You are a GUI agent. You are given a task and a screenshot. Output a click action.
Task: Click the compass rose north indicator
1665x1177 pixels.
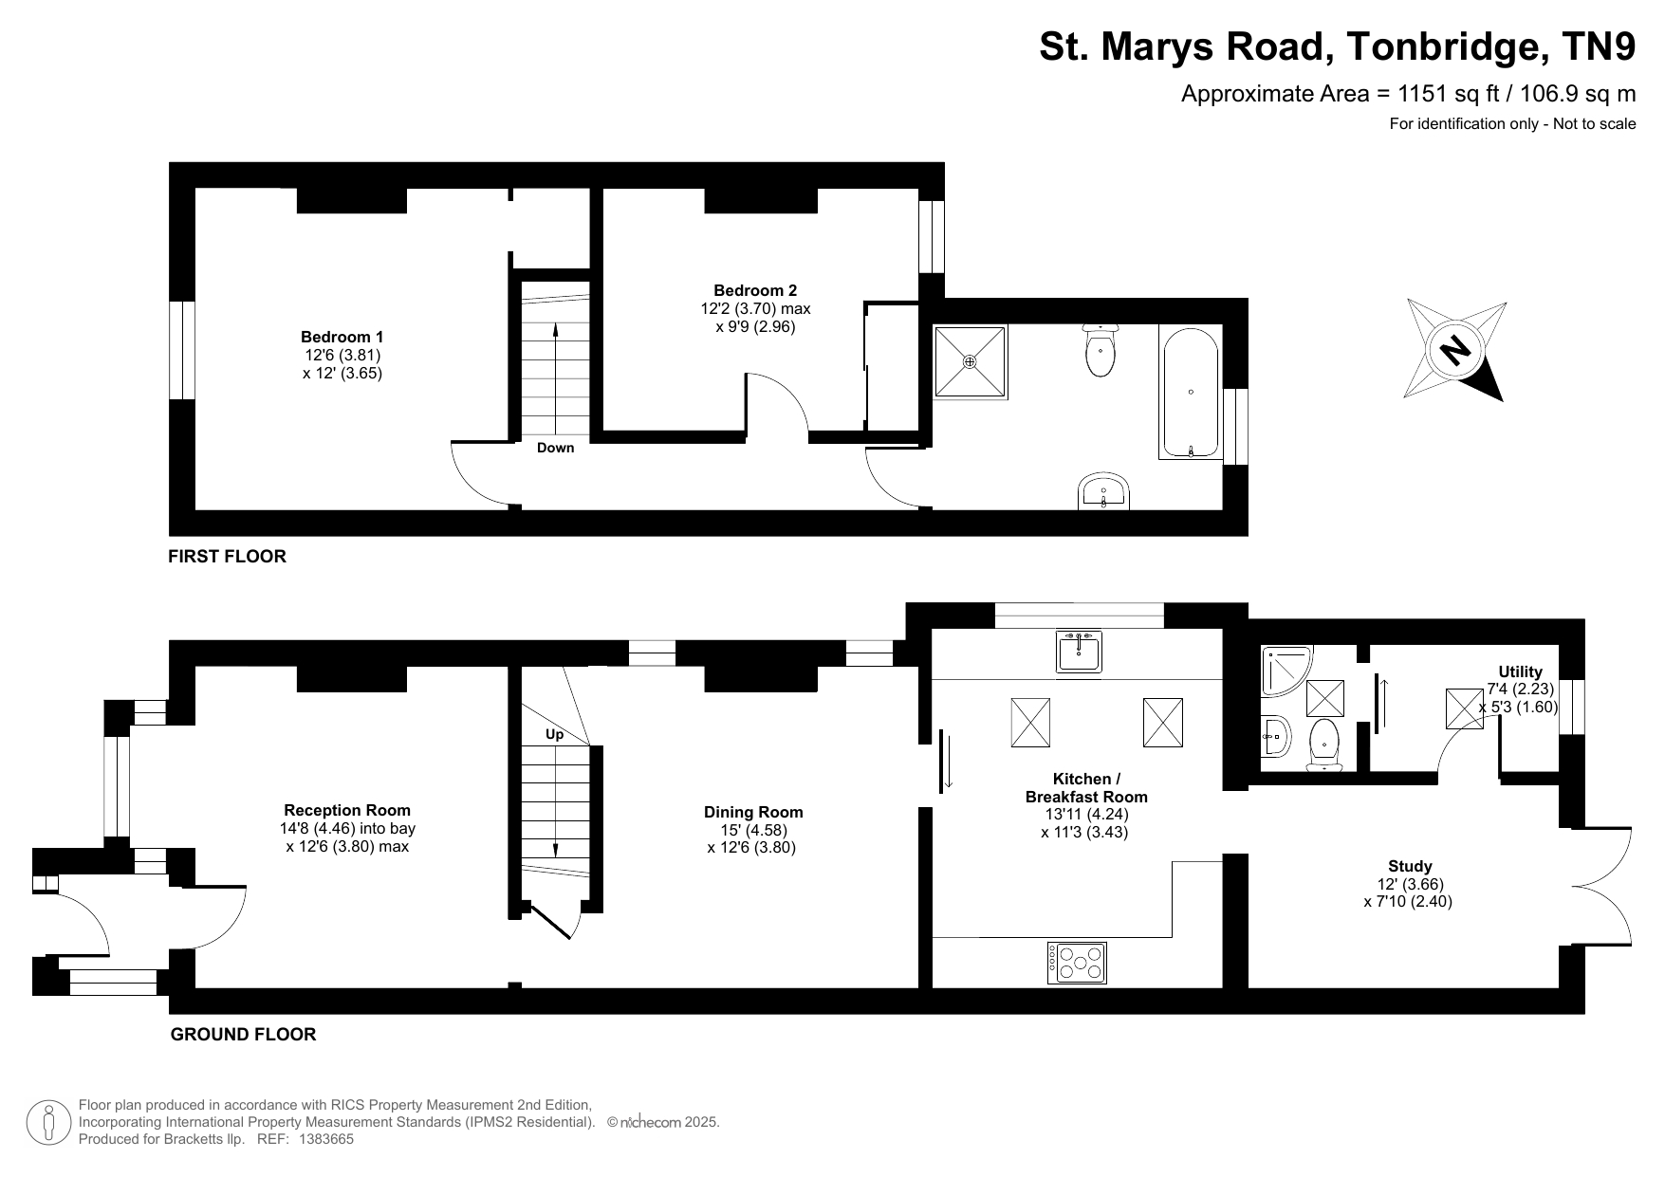pos(1454,350)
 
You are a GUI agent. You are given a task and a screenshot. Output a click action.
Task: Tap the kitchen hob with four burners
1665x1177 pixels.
pos(1077,963)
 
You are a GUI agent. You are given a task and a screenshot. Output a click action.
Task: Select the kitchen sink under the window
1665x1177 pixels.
pos(1079,653)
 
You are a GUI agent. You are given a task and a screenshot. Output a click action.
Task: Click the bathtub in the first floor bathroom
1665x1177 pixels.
pos(1191,393)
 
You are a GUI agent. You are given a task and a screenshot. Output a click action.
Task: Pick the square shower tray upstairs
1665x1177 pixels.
pos(970,361)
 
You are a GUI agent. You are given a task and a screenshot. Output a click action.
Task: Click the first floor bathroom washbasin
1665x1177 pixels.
pos(1103,491)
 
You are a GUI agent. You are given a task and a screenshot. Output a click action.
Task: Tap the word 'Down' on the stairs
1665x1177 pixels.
pos(555,448)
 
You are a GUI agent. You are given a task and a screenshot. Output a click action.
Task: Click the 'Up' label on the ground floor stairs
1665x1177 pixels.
pos(554,734)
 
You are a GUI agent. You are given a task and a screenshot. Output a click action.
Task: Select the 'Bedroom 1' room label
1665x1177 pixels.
pos(342,337)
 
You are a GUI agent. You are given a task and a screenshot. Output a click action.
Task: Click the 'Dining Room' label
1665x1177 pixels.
pos(753,812)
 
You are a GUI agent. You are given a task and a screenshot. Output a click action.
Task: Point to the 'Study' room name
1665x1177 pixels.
pos(1410,866)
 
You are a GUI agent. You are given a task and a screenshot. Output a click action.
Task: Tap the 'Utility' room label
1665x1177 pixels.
pos(1521,672)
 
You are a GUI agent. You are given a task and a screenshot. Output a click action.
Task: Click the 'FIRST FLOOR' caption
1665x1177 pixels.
pos(227,557)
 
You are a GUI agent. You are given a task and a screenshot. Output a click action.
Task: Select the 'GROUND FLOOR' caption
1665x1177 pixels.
pos(243,1035)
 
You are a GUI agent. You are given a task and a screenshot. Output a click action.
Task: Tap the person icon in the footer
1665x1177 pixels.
pos(48,1122)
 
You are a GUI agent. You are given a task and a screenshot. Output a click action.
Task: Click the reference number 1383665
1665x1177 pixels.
pos(326,1139)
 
